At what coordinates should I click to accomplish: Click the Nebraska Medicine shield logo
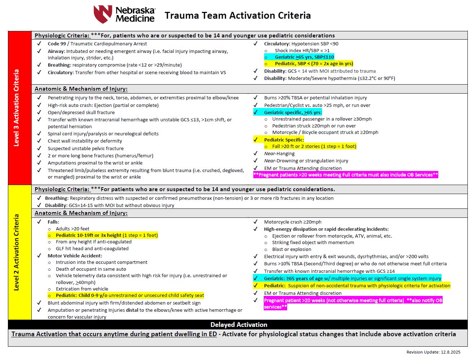pos(103,14)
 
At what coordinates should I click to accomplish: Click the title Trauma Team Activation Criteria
pos(237,15)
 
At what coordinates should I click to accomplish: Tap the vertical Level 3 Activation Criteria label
pos(16,108)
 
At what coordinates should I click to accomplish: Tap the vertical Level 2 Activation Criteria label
pos(16,252)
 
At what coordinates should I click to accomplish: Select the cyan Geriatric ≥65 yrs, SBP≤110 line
pos(304,57)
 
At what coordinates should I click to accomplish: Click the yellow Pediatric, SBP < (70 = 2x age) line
pos(313,64)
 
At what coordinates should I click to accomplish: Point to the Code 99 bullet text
pos(97,44)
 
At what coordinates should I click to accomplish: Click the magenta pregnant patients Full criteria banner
pos(345,175)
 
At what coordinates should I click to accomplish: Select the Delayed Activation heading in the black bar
pos(239,325)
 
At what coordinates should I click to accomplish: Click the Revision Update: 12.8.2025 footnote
pos(433,352)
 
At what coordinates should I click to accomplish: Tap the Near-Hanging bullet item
pos(279,154)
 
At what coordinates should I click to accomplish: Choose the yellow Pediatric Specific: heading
pos(284,140)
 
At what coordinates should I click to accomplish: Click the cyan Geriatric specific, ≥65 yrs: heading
pos(293,113)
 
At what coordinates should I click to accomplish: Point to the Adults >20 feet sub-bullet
pos(72,229)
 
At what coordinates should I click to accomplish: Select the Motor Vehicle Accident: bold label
pos(75,256)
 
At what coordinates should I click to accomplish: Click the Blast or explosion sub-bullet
pos(291,249)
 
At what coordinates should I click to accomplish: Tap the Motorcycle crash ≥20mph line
pos(293,222)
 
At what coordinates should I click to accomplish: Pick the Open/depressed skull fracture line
pos(81,113)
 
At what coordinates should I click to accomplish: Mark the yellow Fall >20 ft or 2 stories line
pos(314,147)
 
